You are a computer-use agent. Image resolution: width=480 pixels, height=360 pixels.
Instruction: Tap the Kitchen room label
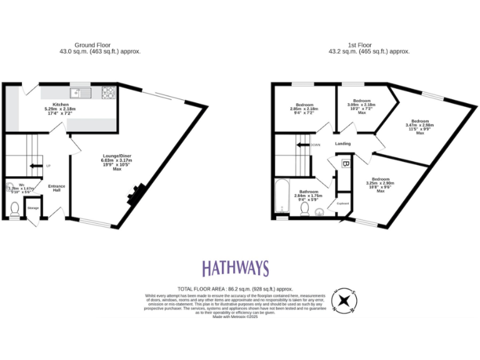click(x=60, y=104)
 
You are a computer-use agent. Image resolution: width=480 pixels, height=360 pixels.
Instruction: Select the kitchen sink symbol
click(x=81, y=93)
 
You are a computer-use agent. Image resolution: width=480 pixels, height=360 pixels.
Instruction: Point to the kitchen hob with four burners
click(x=108, y=93)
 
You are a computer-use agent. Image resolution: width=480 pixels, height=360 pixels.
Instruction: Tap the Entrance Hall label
click(x=56, y=189)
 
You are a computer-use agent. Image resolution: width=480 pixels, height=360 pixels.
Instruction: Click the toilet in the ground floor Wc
click(x=15, y=208)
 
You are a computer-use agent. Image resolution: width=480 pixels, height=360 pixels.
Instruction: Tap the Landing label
click(x=342, y=144)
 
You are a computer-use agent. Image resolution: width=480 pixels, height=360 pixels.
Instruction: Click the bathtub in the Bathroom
click(x=281, y=197)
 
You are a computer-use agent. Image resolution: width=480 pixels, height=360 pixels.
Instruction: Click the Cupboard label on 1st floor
click(x=342, y=203)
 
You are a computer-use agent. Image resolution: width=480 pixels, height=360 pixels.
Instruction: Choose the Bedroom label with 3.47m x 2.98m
click(x=419, y=121)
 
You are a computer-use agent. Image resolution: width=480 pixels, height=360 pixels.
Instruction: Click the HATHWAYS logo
click(x=235, y=269)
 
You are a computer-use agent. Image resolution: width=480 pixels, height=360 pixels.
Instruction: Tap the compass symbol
click(x=344, y=300)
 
